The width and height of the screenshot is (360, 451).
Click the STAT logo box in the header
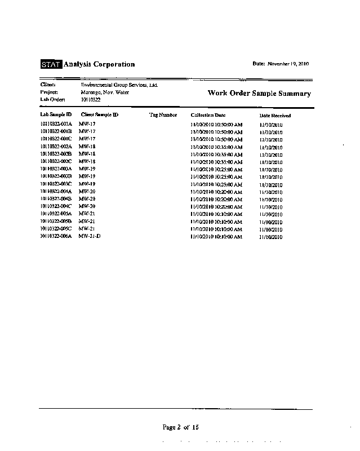(51, 65)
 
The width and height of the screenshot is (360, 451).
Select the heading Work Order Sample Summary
(259, 94)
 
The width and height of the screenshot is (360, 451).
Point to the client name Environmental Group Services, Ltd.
(119, 85)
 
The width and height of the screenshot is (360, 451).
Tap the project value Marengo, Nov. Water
(105, 92)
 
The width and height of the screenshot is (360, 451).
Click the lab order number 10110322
(91, 99)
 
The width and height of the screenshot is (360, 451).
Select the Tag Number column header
(163, 115)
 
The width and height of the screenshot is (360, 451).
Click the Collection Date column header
(208, 115)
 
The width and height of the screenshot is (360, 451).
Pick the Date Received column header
(275, 116)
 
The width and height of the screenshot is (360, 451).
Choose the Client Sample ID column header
(100, 115)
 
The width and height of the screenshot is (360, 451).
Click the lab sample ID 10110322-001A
(56, 124)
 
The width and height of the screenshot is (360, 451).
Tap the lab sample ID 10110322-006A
(56, 236)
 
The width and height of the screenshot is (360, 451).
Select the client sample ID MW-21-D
(90, 236)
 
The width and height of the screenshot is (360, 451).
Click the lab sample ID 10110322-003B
(56, 176)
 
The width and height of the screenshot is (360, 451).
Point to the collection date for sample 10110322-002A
(216, 147)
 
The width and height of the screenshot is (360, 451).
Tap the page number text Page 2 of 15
(181, 427)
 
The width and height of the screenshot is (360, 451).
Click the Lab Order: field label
(49, 99)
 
